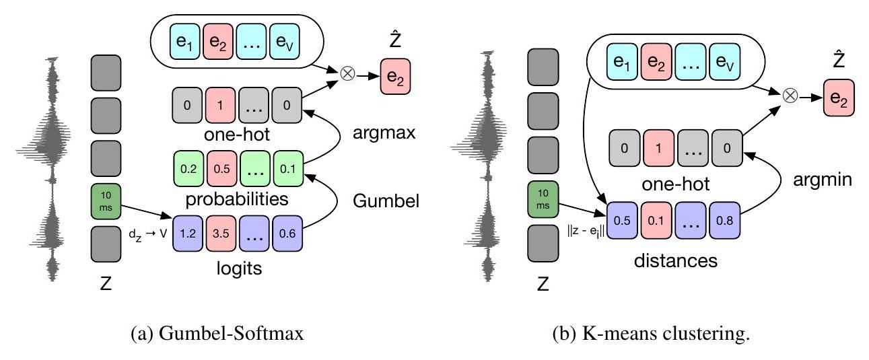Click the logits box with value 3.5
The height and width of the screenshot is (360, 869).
(221, 233)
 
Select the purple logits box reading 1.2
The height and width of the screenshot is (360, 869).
(189, 233)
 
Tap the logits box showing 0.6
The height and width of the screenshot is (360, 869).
(288, 233)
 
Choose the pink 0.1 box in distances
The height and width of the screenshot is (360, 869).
(658, 219)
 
